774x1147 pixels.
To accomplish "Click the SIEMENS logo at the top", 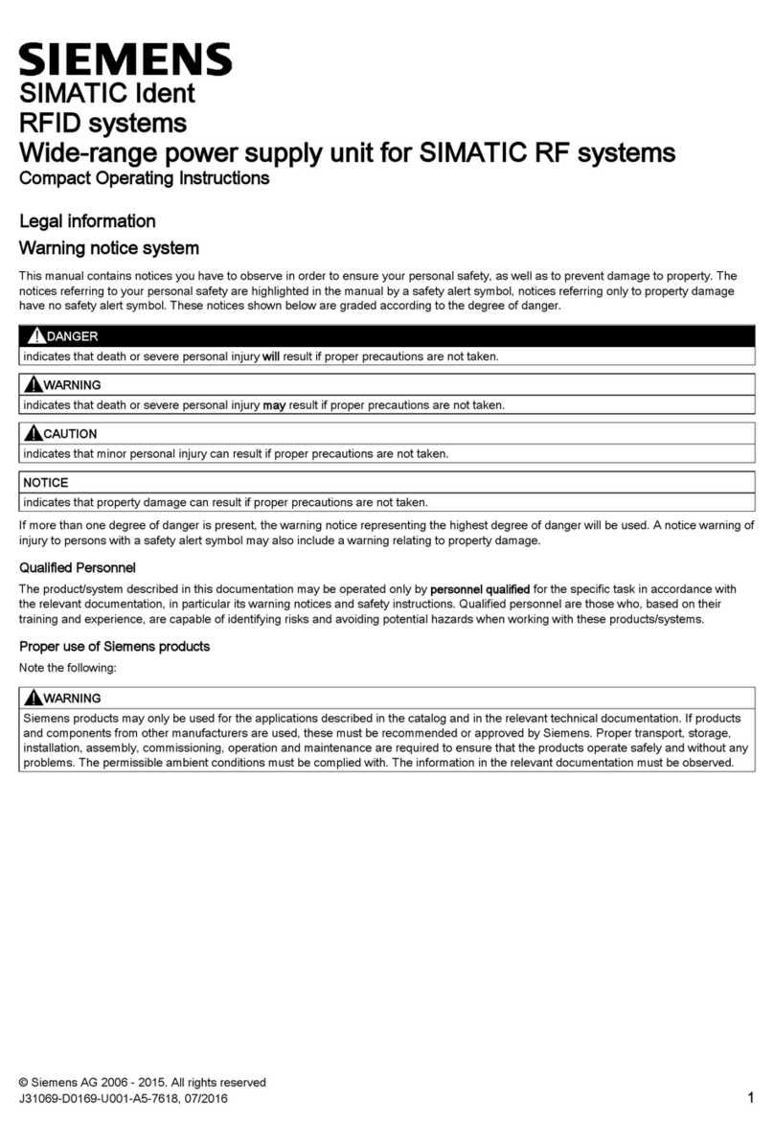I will [x=125, y=59].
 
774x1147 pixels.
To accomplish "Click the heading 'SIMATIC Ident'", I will [x=107, y=94].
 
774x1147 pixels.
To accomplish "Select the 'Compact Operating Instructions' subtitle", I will [x=144, y=178].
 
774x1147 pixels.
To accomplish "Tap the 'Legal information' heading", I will [x=87, y=221].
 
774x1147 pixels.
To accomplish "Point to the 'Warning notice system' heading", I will [x=109, y=249].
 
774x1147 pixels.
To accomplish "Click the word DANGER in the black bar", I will [x=72, y=336].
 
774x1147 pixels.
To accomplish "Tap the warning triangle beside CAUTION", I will [x=35, y=433].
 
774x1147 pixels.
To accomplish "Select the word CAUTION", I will [x=71, y=434].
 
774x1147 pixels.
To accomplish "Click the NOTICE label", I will [x=45, y=483].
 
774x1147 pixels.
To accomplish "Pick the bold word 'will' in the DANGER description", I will [x=271, y=356].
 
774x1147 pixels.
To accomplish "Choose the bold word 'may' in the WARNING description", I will [x=274, y=405].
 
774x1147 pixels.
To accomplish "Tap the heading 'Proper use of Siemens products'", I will [x=114, y=647].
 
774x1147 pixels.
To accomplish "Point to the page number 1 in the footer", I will [x=750, y=1098].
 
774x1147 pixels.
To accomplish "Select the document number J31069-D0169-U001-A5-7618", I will [x=106, y=1099].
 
